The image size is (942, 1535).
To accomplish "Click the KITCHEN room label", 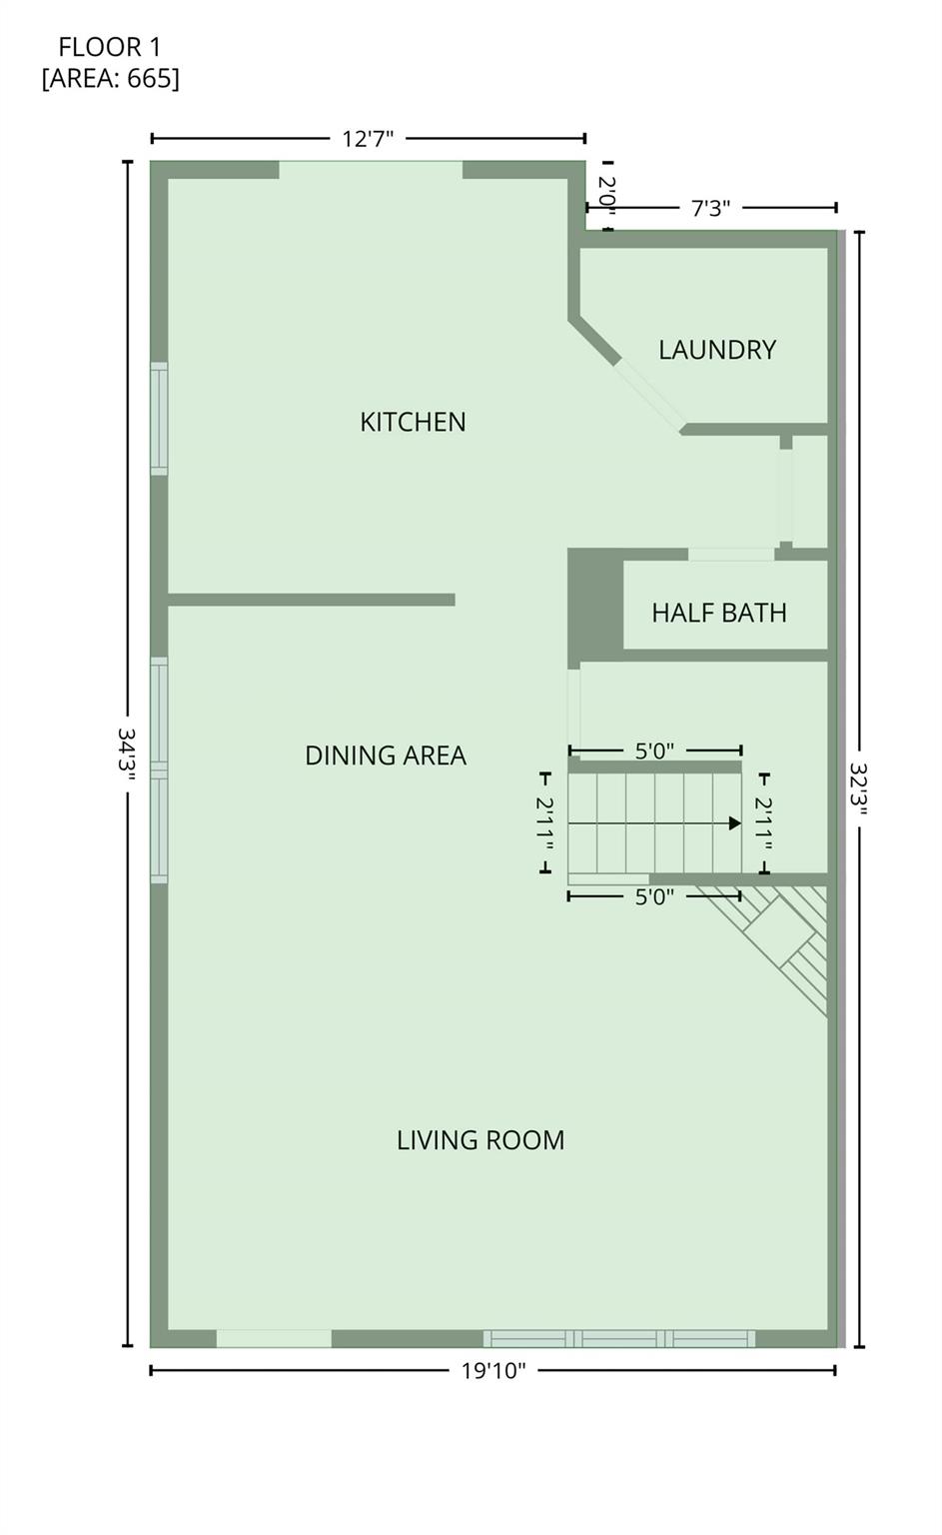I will click(x=413, y=422).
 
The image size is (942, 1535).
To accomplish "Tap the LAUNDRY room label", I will click(x=716, y=350).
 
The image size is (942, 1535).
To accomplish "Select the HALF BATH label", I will click(x=718, y=613).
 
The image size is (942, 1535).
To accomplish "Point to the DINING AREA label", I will click(x=386, y=756).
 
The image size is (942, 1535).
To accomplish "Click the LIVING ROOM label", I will click(x=480, y=1140).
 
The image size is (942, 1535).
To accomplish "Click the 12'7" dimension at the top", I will click(x=368, y=139).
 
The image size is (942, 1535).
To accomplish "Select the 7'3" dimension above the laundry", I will click(x=710, y=208).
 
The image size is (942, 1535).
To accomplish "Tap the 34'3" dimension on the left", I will click(x=127, y=756).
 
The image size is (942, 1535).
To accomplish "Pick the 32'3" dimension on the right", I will click(x=859, y=789).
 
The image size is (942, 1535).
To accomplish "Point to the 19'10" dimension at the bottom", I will click(x=492, y=1370).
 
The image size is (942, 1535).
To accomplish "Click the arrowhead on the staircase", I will click(x=734, y=823).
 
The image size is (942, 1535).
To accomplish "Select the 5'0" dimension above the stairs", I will click(x=654, y=751).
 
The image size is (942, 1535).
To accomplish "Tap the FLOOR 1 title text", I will click(x=110, y=47).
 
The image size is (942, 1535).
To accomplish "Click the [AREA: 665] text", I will click(x=110, y=78).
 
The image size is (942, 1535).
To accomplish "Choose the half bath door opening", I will click(x=731, y=554).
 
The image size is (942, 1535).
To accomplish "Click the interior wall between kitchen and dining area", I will click(x=311, y=600).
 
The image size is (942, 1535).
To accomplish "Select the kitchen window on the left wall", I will click(x=159, y=418).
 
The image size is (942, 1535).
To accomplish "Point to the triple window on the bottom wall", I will click(x=619, y=1338).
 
